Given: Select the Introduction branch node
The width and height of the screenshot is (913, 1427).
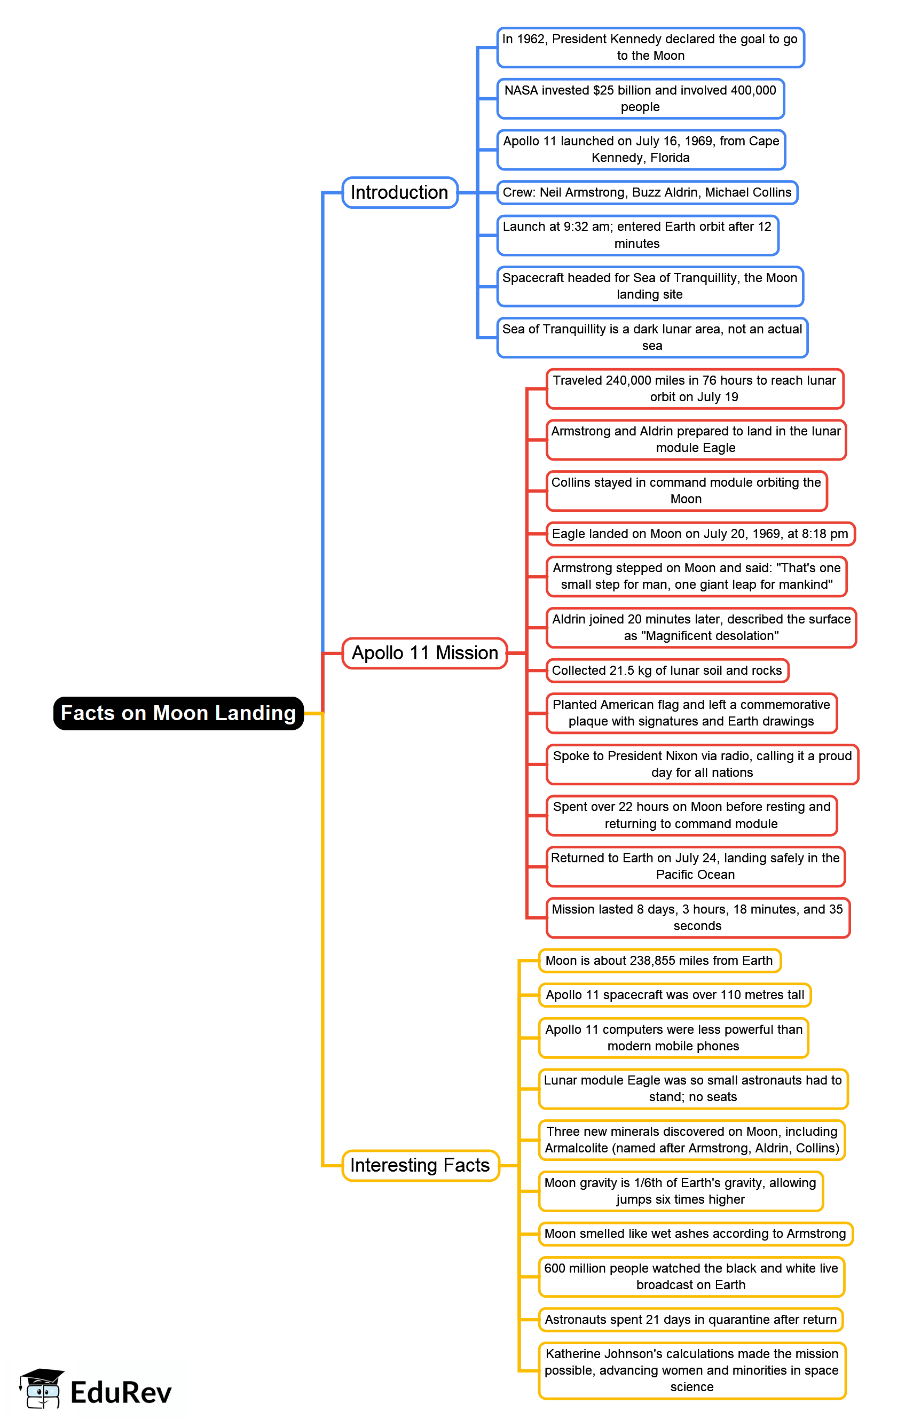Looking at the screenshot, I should [x=399, y=192].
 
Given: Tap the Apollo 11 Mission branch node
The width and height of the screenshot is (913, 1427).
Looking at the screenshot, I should [x=424, y=653].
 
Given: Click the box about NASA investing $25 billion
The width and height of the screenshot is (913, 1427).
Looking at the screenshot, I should [x=640, y=98].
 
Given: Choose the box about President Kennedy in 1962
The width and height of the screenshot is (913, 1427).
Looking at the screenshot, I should [x=650, y=47].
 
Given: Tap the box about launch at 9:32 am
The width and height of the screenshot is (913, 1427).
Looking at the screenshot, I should [x=637, y=235].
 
